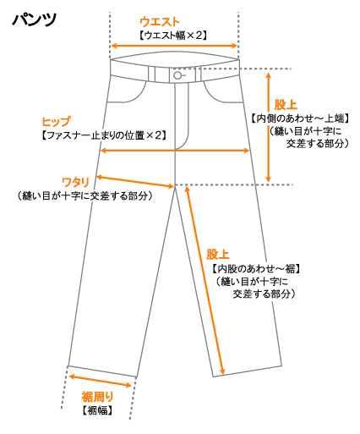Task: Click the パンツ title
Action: [x=35, y=19]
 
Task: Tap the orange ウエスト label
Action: [x=160, y=22]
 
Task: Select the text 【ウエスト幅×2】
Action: [x=173, y=36]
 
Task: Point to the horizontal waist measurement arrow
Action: [x=174, y=46]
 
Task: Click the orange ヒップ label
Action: [x=56, y=122]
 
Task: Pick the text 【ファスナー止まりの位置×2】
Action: [x=104, y=135]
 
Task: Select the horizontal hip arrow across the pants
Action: [x=175, y=151]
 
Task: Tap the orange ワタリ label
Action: [x=75, y=183]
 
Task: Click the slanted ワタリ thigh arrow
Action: [x=135, y=182]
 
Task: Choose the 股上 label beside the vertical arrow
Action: [x=286, y=105]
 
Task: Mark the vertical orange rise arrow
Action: [x=269, y=127]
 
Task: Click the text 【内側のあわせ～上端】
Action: [x=300, y=118]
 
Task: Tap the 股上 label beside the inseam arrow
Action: [x=217, y=255]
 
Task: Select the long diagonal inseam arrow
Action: [x=205, y=280]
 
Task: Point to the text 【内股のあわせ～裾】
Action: [x=256, y=269]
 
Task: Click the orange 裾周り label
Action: [x=97, y=397]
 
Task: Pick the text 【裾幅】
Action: [x=97, y=410]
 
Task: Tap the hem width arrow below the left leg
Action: [x=101, y=381]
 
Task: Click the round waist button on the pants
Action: [x=177, y=75]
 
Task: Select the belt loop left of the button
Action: [x=151, y=74]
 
